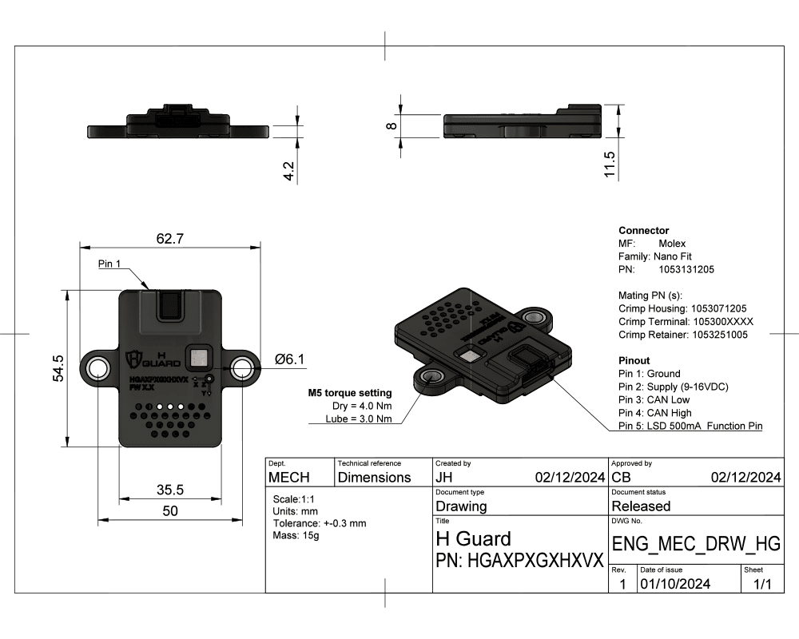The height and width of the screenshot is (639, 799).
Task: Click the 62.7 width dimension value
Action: pyautogui.click(x=169, y=238)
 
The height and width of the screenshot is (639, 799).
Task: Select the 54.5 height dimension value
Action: pyautogui.click(x=58, y=368)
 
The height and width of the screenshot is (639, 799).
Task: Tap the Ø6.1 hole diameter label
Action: pyautogui.click(x=289, y=360)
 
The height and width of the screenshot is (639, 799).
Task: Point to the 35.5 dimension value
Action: pyautogui.click(x=169, y=489)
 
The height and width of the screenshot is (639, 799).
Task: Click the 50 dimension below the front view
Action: pyautogui.click(x=169, y=511)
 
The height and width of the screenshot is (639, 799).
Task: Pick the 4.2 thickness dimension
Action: pyautogui.click(x=289, y=171)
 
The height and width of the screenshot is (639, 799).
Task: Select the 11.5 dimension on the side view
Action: pyautogui.click(x=610, y=165)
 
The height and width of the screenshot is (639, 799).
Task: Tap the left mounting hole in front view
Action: pyautogui.click(x=99, y=368)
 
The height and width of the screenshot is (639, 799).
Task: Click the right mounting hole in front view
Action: pyautogui.click(x=241, y=368)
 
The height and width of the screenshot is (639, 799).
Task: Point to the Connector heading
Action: pyautogui.click(x=643, y=230)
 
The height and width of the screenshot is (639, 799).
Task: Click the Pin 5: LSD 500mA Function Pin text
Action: pyautogui.click(x=690, y=427)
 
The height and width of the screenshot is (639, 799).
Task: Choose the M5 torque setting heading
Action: pyautogui.click(x=349, y=393)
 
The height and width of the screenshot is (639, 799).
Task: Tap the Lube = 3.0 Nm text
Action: pyautogui.click(x=360, y=419)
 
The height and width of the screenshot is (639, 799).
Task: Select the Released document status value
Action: pyautogui.click(x=641, y=506)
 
